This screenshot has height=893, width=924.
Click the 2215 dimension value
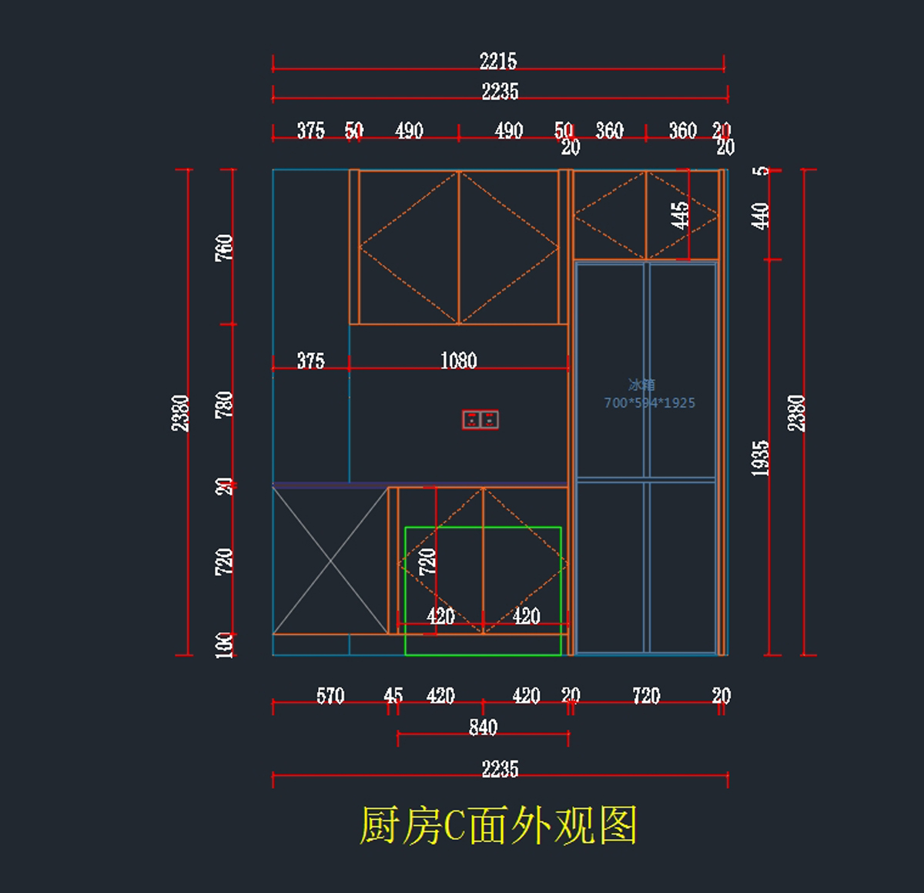498,61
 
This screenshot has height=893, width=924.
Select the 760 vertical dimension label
223,247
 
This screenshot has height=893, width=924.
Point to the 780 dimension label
223,405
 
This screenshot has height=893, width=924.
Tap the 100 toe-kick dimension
223,644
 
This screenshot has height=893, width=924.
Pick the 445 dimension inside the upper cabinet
679,215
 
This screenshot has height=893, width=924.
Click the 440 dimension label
760,215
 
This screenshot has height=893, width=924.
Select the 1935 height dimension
760,458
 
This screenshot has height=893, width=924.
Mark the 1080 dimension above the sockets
458,361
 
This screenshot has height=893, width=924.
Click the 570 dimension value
330,696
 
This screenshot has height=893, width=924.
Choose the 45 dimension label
393,696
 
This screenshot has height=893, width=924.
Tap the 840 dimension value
483,727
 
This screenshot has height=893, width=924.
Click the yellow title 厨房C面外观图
498,825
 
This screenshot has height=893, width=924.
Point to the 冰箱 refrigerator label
641,384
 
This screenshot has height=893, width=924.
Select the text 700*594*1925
649,402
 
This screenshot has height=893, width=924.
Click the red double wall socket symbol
480,419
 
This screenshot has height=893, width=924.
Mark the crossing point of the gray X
330,560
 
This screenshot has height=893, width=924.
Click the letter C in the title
454,826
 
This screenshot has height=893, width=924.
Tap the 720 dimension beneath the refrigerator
646,696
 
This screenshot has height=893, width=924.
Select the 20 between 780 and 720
223,486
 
